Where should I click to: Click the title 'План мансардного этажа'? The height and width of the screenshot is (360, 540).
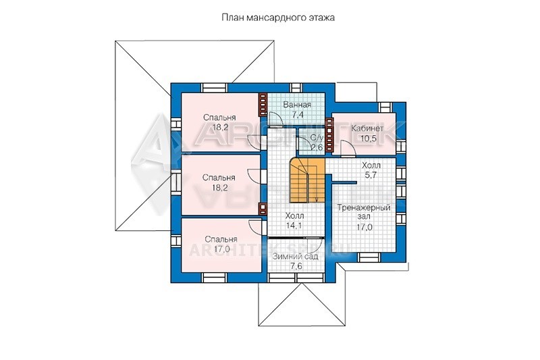point(277,18)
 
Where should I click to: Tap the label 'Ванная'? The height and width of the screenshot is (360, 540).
point(297,105)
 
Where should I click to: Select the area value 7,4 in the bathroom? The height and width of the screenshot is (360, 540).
point(297,115)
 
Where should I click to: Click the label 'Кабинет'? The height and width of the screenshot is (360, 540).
point(367,128)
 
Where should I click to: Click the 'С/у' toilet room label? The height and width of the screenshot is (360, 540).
point(317,138)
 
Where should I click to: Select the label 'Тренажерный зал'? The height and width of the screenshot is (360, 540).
point(364,212)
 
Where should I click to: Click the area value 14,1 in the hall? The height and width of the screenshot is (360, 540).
point(294,226)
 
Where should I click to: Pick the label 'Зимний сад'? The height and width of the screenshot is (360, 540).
point(295,257)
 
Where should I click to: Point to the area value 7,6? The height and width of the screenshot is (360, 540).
point(296,266)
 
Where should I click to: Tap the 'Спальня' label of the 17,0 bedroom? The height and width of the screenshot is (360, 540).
point(221,239)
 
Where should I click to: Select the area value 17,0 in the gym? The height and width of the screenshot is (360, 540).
point(365,227)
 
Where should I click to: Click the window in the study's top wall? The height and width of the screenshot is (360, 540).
point(384,107)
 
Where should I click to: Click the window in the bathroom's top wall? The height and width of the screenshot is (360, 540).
point(295,88)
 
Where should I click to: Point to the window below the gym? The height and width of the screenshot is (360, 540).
point(369,257)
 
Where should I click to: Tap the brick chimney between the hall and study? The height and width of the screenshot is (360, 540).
point(329,134)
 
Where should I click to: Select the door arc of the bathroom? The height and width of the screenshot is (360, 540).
point(277,118)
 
